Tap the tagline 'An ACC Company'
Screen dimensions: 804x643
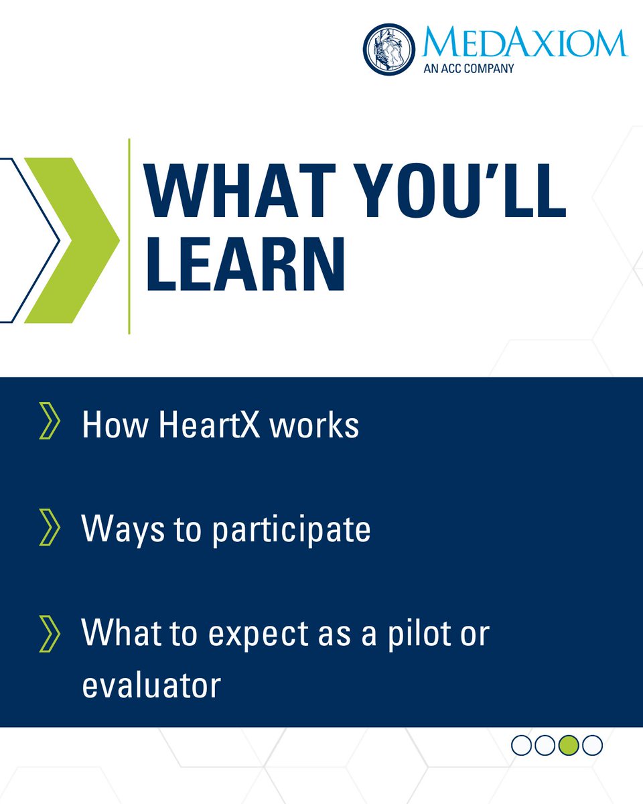(x=468, y=68)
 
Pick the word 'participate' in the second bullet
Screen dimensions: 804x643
(x=291, y=531)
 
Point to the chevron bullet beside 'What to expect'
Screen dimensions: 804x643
(x=50, y=634)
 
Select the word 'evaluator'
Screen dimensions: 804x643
(x=151, y=685)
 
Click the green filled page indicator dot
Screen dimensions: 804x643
(x=569, y=744)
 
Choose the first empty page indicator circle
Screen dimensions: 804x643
(x=522, y=744)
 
